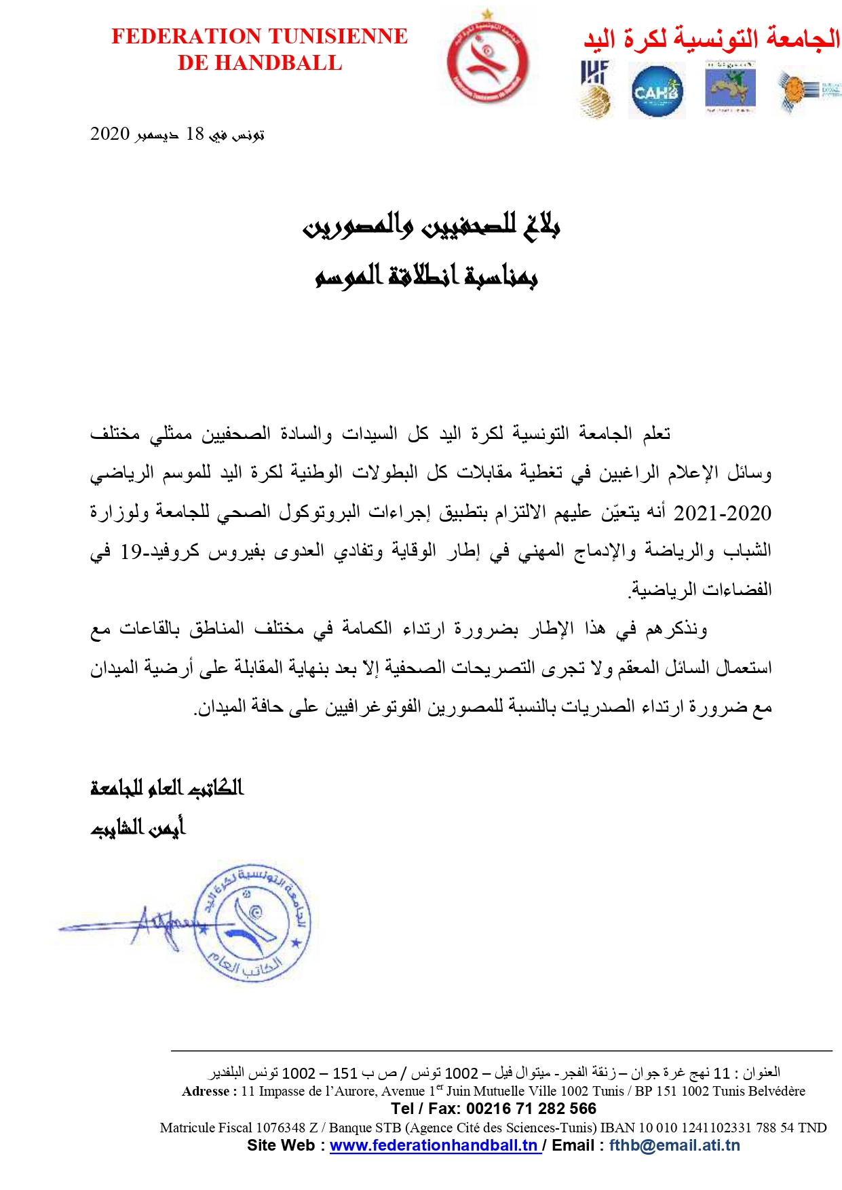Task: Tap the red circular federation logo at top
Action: (x=487, y=60)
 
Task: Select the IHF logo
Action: (x=595, y=88)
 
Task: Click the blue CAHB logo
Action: (x=656, y=92)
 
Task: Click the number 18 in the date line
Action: (x=195, y=134)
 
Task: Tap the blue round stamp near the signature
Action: (x=252, y=923)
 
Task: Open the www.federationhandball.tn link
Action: (x=434, y=1146)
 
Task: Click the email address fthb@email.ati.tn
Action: (x=674, y=1146)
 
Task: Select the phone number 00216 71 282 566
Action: (x=531, y=1109)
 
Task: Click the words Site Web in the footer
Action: (x=280, y=1146)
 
